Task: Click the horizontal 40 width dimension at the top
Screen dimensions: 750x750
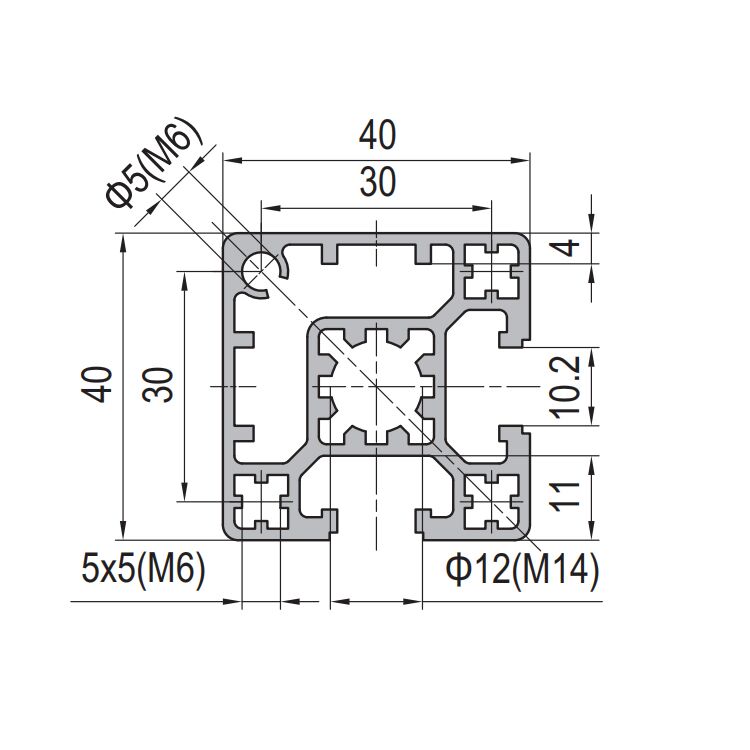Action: pyautogui.click(x=376, y=134)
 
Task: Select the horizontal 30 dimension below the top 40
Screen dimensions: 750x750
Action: pyautogui.click(x=376, y=182)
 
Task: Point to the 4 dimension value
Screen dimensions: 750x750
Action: pyautogui.click(x=567, y=247)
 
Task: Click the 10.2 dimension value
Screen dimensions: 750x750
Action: pyautogui.click(x=567, y=386)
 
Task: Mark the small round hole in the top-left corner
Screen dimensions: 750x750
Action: pyautogui.click(x=261, y=270)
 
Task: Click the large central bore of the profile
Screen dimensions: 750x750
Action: pyautogui.click(x=375, y=385)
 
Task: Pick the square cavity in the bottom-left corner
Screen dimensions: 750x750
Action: pyautogui.click(x=260, y=501)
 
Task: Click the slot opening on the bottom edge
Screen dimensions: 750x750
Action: pyautogui.click(x=375, y=525)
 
